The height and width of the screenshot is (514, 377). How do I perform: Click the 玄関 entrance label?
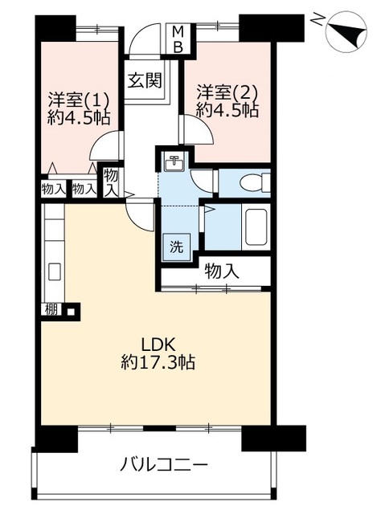[145, 80]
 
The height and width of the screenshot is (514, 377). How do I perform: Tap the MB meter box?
[178, 39]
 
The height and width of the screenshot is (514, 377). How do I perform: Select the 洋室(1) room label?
[79, 100]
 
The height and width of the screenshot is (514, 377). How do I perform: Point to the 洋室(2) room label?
[227, 92]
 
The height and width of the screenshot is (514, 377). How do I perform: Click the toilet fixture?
[255, 182]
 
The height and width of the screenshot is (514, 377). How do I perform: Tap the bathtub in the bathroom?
[256, 226]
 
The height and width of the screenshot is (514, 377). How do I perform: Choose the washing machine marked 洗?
[177, 247]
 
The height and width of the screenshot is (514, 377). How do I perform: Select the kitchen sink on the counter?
[55, 271]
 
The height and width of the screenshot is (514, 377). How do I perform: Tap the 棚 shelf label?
[51, 309]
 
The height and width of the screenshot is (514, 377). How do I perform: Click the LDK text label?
[159, 345]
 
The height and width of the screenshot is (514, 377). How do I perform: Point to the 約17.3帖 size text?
[158, 362]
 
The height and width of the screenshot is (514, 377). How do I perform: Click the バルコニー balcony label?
[164, 464]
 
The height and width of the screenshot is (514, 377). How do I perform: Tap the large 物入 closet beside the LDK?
[216, 271]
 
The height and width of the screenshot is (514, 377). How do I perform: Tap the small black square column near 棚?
[71, 311]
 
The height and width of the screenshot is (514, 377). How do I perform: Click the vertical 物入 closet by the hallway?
[111, 182]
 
